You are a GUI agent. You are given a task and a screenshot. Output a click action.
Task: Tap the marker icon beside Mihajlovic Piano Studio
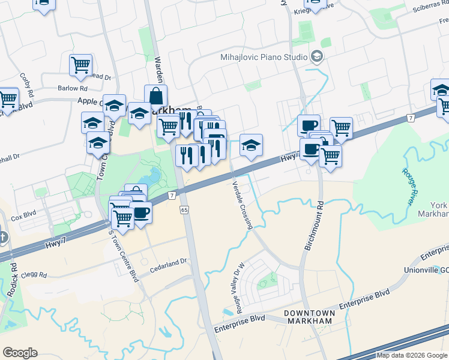click(x=317, y=58)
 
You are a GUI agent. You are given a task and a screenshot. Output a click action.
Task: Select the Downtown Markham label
click(x=308, y=317)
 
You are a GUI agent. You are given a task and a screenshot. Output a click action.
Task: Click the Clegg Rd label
click(x=34, y=275)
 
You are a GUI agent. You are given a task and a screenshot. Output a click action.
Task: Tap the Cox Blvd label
click(x=24, y=217)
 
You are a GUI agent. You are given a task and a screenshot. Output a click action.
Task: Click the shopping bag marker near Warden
click(x=155, y=96)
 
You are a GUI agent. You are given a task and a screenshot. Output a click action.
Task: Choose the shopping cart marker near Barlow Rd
click(x=80, y=65)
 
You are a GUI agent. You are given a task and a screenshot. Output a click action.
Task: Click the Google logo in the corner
click(x=20, y=353)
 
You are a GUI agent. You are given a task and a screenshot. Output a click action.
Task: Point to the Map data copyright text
click(x=412, y=355)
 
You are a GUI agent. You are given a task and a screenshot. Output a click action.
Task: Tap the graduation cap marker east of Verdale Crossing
click(x=251, y=145)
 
